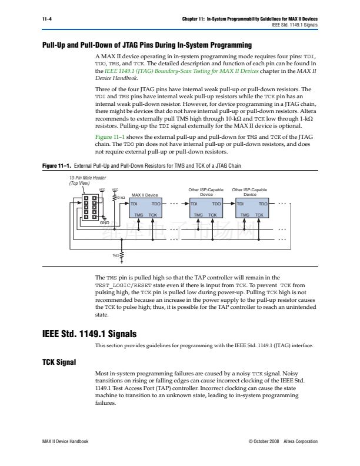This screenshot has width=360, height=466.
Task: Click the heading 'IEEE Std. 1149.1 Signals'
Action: [89, 332]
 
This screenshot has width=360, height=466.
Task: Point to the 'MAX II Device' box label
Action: [145, 194]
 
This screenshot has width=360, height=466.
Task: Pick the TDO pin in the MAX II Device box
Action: [172, 204]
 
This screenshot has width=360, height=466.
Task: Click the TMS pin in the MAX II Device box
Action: [139, 216]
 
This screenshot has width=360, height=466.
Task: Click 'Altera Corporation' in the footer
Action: [300, 441]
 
